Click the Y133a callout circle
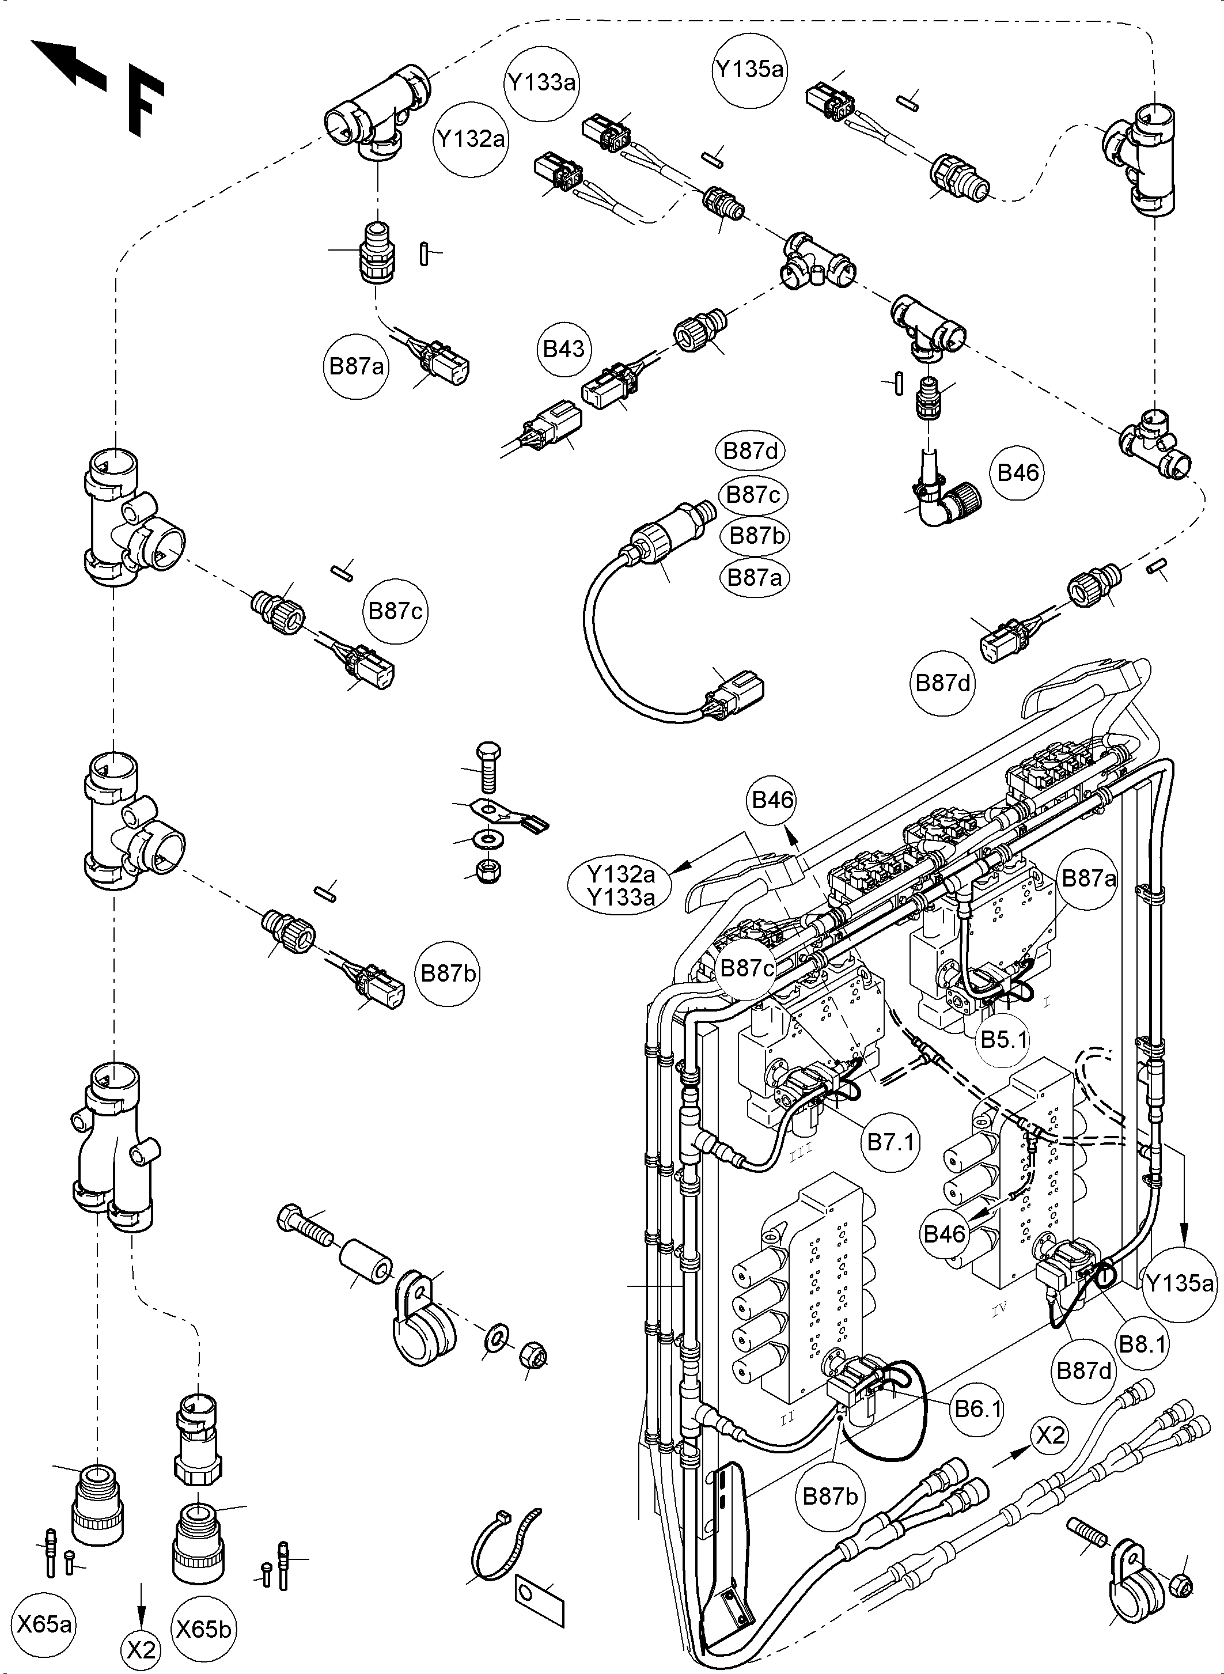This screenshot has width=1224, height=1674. (543, 82)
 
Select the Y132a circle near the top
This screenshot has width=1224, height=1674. (471, 139)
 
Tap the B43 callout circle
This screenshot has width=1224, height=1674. (564, 349)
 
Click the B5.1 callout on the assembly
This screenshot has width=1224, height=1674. (1005, 1040)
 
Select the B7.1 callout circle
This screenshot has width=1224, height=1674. (891, 1142)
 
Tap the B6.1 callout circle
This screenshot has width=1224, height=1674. (978, 1408)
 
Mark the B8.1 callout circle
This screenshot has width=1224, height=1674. (1143, 1343)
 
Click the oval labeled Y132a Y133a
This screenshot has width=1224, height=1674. (621, 885)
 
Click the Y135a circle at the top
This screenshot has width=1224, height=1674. (749, 70)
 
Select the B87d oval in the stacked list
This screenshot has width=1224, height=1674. (751, 451)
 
